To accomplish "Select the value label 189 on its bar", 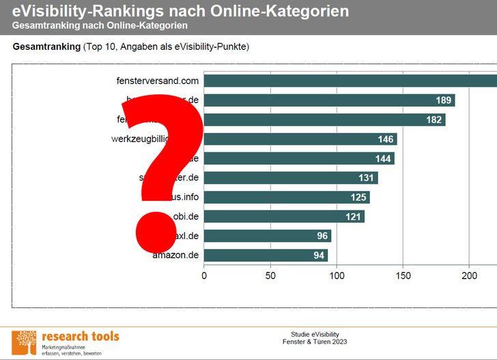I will point(444,100).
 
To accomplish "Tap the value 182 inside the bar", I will point(434,120).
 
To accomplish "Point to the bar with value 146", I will point(300,139).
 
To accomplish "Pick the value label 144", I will point(384,158).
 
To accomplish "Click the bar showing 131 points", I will point(291,178).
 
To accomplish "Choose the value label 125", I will point(359,197).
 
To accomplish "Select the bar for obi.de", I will point(284,217).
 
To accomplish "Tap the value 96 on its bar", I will point(322,236).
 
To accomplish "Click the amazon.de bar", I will point(266,255).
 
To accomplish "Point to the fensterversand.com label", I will point(157,81).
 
